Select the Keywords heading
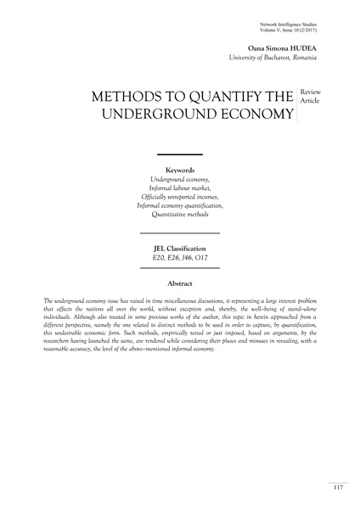click(179, 170)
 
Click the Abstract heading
click(179, 282)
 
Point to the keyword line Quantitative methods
click(179, 215)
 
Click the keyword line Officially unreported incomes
click(179, 197)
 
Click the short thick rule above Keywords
click(179, 155)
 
